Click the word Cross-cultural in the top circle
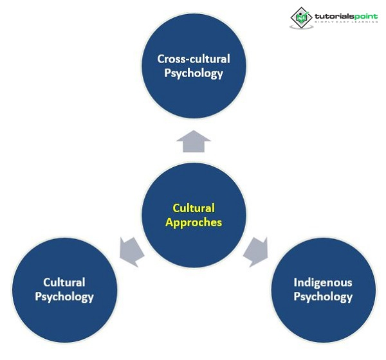[x=194, y=59]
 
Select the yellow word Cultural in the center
[x=194, y=208]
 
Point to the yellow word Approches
[x=194, y=222]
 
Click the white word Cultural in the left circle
[x=64, y=282]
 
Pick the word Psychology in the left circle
[x=64, y=296]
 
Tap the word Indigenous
[x=323, y=282]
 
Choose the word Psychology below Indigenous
[x=323, y=296]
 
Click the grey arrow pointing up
[x=194, y=141]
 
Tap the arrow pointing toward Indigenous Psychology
[x=255, y=250]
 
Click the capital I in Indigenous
[x=295, y=282]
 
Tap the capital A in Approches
[x=169, y=222]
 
